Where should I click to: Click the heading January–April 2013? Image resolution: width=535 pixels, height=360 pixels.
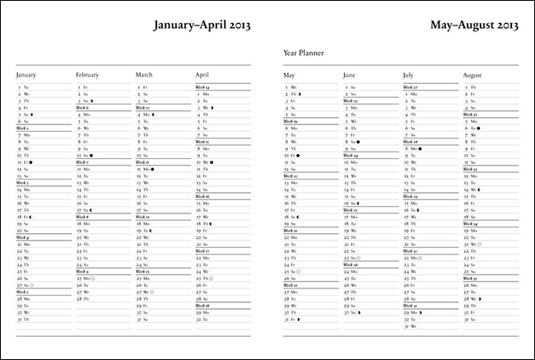click(x=202, y=26)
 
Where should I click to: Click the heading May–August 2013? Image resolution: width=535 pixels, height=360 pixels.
click(x=474, y=26)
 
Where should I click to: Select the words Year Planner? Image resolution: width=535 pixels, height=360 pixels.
click(x=303, y=54)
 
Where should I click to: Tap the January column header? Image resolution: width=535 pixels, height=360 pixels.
click(x=26, y=76)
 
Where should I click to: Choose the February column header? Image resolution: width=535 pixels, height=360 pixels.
click(x=87, y=76)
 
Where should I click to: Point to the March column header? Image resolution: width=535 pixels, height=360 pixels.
click(x=144, y=76)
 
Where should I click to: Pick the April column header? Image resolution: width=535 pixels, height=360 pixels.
click(x=202, y=76)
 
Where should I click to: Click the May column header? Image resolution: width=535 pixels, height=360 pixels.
click(x=289, y=76)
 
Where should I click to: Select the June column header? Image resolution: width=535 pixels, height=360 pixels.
click(x=349, y=76)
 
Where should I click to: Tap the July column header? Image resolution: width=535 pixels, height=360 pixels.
click(x=408, y=76)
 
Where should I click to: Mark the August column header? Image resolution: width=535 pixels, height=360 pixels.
click(x=472, y=76)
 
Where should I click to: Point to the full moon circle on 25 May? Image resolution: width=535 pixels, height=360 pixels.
click(x=298, y=270)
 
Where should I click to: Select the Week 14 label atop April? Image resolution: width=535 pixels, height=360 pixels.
click(x=202, y=86)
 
